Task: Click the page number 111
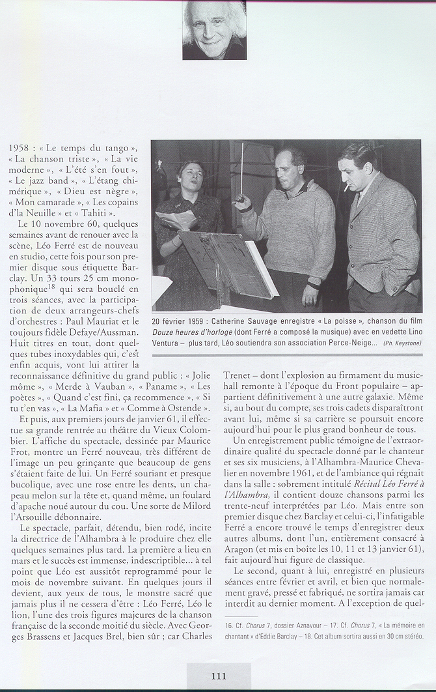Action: click(218, 676)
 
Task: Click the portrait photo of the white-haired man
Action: click(214, 31)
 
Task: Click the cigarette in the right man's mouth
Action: click(347, 186)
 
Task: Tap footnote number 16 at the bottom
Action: click(227, 625)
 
